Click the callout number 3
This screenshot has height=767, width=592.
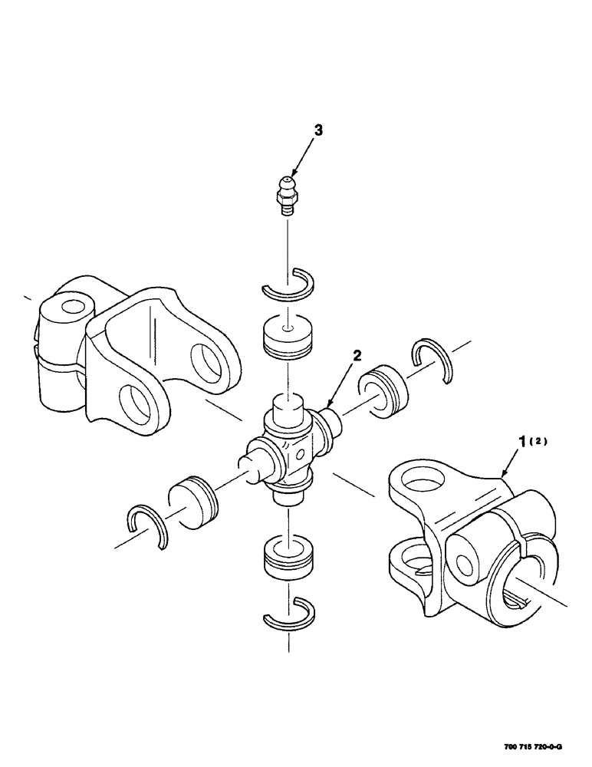tap(318, 131)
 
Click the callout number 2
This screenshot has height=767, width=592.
tap(356, 355)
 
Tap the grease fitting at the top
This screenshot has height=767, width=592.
tap(288, 194)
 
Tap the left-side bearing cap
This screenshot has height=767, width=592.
tap(193, 503)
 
